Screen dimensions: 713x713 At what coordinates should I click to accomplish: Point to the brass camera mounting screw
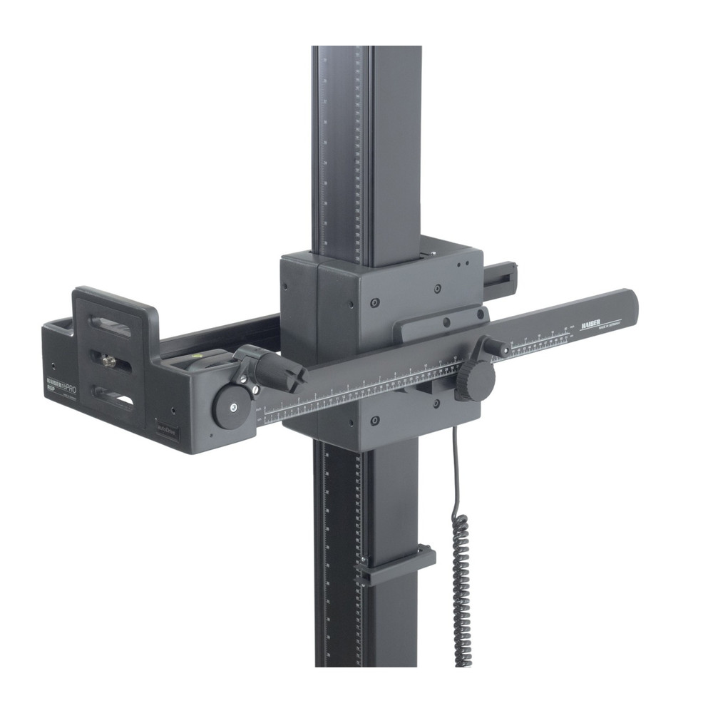[109, 362]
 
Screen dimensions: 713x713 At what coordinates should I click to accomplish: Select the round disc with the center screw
[232, 408]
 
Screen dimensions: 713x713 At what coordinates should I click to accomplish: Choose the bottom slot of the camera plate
[114, 396]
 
